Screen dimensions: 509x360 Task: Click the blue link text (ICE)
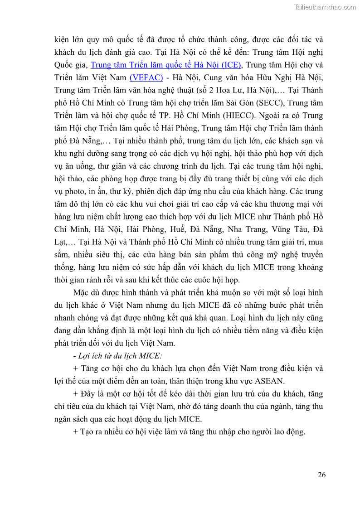click(x=229, y=64)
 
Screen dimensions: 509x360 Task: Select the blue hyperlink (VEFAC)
click(x=146, y=77)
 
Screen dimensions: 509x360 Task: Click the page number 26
click(x=321, y=475)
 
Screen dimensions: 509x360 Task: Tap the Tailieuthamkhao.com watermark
click(x=325, y=7)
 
